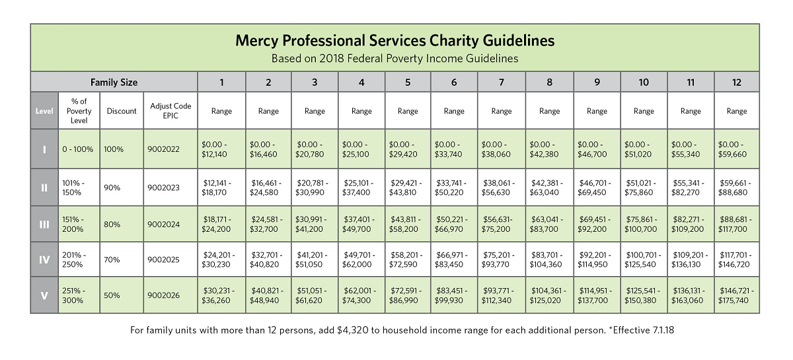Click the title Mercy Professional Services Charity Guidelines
(x=395, y=41)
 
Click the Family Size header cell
(x=114, y=82)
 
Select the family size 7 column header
(x=502, y=82)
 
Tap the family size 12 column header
(x=737, y=82)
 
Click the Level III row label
(x=44, y=224)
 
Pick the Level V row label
(x=44, y=295)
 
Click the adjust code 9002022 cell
(x=170, y=149)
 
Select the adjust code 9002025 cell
(x=170, y=260)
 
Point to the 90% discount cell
(x=122, y=187)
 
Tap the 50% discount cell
(x=122, y=295)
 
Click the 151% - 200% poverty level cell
(x=79, y=224)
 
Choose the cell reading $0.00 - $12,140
(x=221, y=149)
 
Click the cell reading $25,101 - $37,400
(x=361, y=187)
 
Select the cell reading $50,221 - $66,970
(x=454, y=224)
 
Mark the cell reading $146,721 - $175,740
(x=737, y=295)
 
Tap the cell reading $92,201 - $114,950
(x=597, y=260)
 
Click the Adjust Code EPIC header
(x=170, y=110)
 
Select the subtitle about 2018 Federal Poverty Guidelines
(x=395, y=58)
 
